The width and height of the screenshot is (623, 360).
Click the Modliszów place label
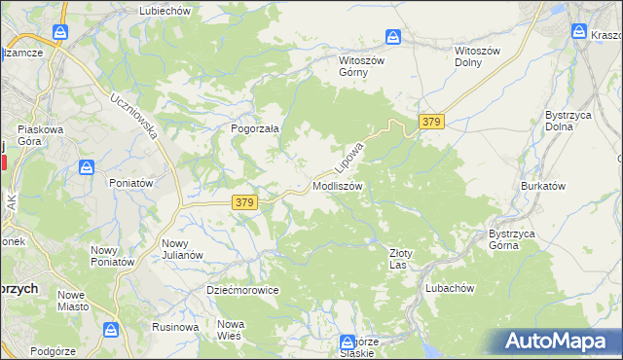[x=338, y=185]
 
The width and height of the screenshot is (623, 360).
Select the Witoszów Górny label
[x=362, y=65]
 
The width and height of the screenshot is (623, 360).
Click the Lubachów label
[x=449, y=289]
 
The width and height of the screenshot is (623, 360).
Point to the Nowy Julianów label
[x=182, y=249]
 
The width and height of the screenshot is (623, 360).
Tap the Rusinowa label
[x=175, y=327]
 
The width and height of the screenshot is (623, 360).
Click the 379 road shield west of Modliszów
[x=245, y=202]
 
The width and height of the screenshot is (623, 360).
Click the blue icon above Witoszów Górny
[x=392, y=37]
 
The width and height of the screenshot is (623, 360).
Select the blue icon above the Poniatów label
[x=88, y=166]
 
